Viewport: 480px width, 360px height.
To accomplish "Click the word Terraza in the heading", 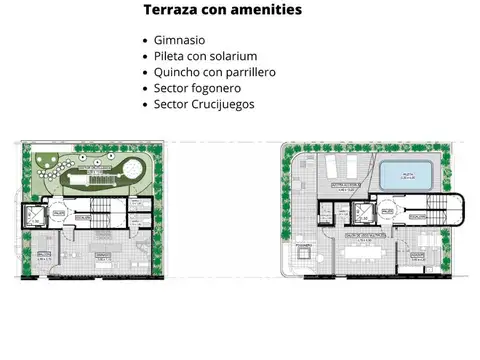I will point(170,10).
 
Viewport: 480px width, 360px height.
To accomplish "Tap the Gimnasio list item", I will point(180,40).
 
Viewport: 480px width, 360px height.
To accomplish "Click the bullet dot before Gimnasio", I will point(147,40).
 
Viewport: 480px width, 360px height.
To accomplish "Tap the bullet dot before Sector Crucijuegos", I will point(147,104).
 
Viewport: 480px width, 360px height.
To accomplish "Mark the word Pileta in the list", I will point(172,56).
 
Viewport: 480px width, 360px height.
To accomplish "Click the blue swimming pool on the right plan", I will point(407,176).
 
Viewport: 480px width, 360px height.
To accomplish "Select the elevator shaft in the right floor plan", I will point(327,213).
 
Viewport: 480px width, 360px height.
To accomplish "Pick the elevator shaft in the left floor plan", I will point(36,218).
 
